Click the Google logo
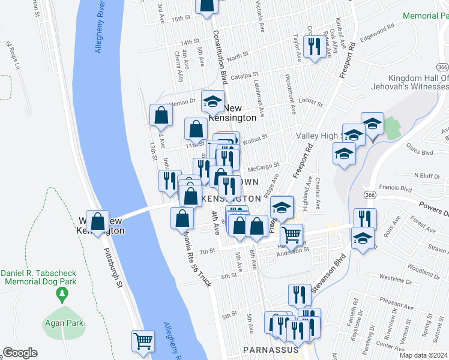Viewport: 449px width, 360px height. pos(20,353)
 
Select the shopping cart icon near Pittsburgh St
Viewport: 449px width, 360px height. pos(143,341)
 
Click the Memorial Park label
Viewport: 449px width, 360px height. pos(426,16)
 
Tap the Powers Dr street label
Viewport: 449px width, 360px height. pos(433,211)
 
